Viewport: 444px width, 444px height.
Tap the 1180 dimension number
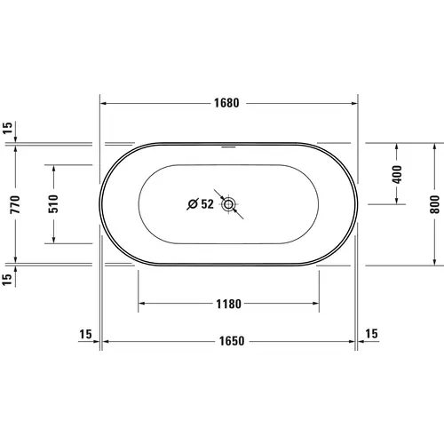[x=228, y=304]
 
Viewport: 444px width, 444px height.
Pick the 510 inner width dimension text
[x=52, y=204]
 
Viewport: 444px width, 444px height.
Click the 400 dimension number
[x=395, y=173]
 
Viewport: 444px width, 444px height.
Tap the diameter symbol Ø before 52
[x=193, y=205]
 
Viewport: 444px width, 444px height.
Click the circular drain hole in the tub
[x=229, y=205]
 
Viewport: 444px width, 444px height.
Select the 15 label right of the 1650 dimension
[x=370, y=334]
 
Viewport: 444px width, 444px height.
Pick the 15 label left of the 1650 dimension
[x=86, y=334]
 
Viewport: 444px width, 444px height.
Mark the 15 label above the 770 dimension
[x=8, y=129]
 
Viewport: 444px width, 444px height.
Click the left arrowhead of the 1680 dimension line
[x=102, y=102]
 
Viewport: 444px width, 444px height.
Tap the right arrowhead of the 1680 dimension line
[x=355, y=102]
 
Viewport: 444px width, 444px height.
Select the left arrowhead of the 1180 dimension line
[x=140, y=304]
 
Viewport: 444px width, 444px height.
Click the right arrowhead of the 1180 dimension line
[x=317, y=304]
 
